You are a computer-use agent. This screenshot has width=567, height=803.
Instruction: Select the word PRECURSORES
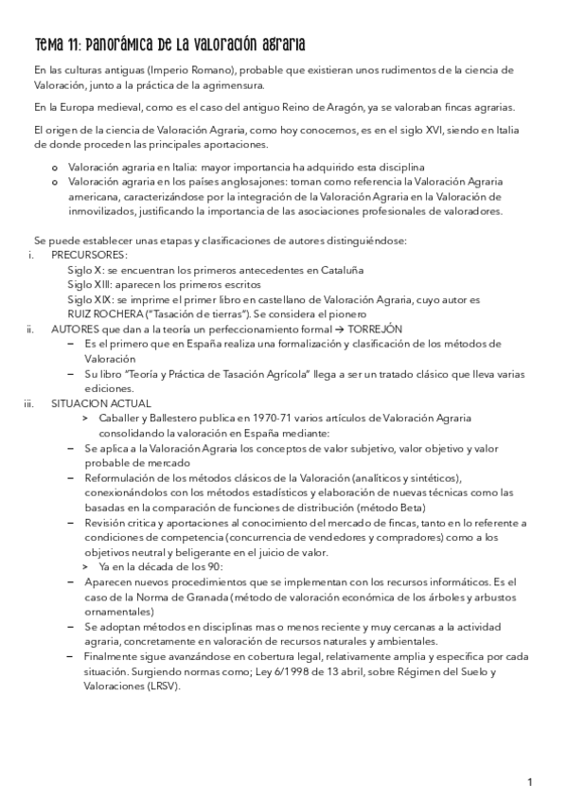(89, 256)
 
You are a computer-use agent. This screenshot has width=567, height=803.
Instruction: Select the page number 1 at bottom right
(530, 781)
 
